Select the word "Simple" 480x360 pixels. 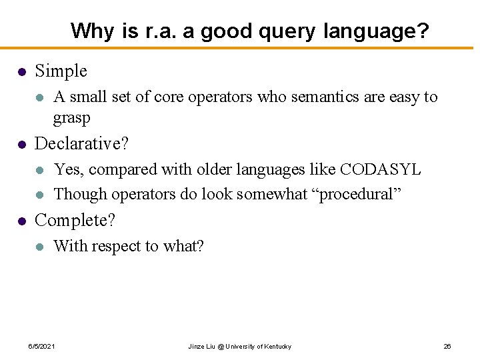coord(61,71)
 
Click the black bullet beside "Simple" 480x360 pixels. coord(22,71)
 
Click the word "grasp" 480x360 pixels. coord(71,118)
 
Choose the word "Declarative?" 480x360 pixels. coord(81,143)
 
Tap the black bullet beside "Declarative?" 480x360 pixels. coord(22,144)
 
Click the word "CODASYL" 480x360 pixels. coord(380,169)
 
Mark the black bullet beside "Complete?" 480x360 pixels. coord(22,221)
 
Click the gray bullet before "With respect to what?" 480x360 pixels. coord(41,247)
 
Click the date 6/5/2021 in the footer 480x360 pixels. coord(41,347)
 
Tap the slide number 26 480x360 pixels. coord(447,347)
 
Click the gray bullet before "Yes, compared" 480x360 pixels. coord(41,170)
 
